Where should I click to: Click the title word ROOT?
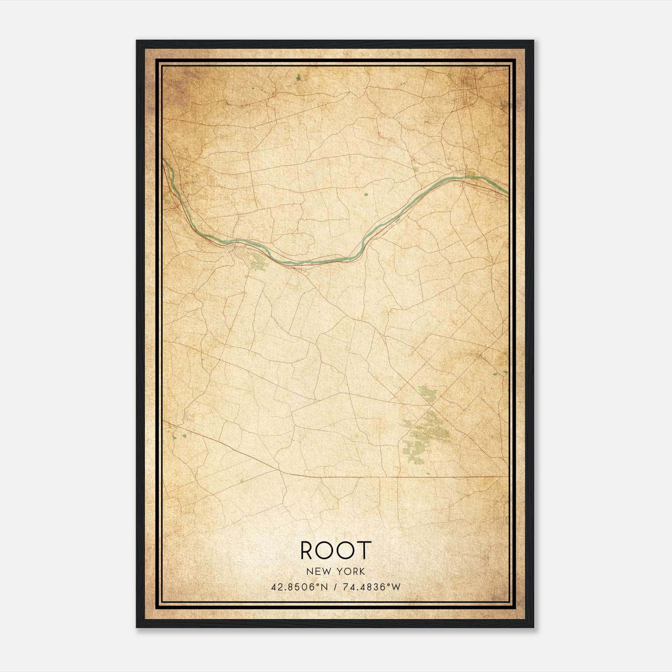(x=336, y=550)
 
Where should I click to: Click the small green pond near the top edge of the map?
(x=298, y=77)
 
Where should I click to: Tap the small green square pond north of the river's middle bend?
(x=365, y=194)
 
